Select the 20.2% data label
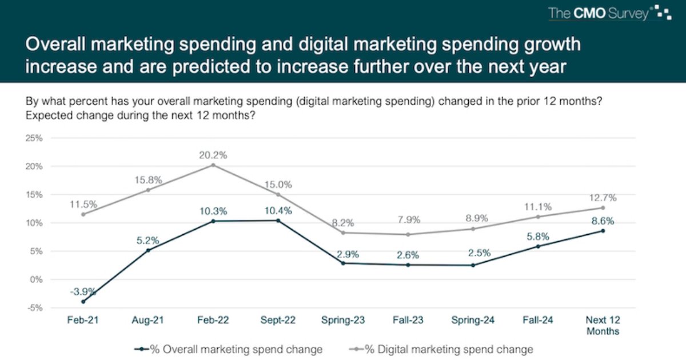pyautogui.click(x=213, y=154)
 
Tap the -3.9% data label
pyautogui.click(x=84, y=291)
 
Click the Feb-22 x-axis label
pyautogui.click(x=213, y=321)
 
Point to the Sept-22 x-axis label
pyautogui.click(x=278, y=321)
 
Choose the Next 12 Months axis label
pyautogui.click(x=603, y=325)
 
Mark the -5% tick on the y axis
pyautogui.click(x=34, y=308)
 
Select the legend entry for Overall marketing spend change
pyautogui.click(x=229, y=349)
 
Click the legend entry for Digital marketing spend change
pyautogui.click(x=440, y=349)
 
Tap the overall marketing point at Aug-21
pyautogui.click(x=149, y=250)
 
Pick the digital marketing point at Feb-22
pyautogui.click(x=213, y=165)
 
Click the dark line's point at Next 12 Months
pyautogui.click(x=603, y=231)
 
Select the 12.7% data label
pyautogui.click(x=603, y=198)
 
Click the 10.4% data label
pyautogui.click(x=278, y=210)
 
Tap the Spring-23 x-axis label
pyautogui.click(x=343, y=321)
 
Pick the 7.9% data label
pyautogui.click(x=408, y=220)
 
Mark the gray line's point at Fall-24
pyautogui.click(x=538, y=217)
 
